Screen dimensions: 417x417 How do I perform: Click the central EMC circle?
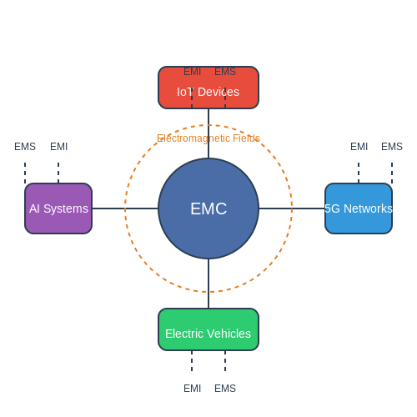208,208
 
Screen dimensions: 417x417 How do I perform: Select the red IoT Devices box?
208,88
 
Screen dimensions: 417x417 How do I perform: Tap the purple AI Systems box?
58,208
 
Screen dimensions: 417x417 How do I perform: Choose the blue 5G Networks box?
359,208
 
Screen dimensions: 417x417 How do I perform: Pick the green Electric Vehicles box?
208,329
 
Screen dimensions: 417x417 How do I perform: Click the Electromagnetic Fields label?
208,138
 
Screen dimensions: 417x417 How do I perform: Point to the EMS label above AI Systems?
25,147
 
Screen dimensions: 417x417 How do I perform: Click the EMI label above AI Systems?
58,147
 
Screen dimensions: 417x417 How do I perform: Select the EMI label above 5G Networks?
359,147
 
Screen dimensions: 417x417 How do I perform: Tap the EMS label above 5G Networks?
392,147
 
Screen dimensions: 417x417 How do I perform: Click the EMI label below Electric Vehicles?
192,389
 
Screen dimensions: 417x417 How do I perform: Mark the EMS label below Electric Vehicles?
225,389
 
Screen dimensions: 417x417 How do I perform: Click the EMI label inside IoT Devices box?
192,72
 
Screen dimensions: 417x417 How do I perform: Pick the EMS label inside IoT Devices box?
225,72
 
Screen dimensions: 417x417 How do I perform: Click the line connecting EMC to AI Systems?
125,208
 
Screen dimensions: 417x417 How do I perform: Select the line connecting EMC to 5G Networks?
292,208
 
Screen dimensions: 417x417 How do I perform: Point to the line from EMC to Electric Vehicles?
208,284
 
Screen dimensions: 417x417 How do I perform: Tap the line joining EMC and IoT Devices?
208,133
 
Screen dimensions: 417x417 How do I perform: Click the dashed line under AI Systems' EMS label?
25,173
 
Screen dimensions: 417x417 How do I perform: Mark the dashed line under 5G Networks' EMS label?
392,173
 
